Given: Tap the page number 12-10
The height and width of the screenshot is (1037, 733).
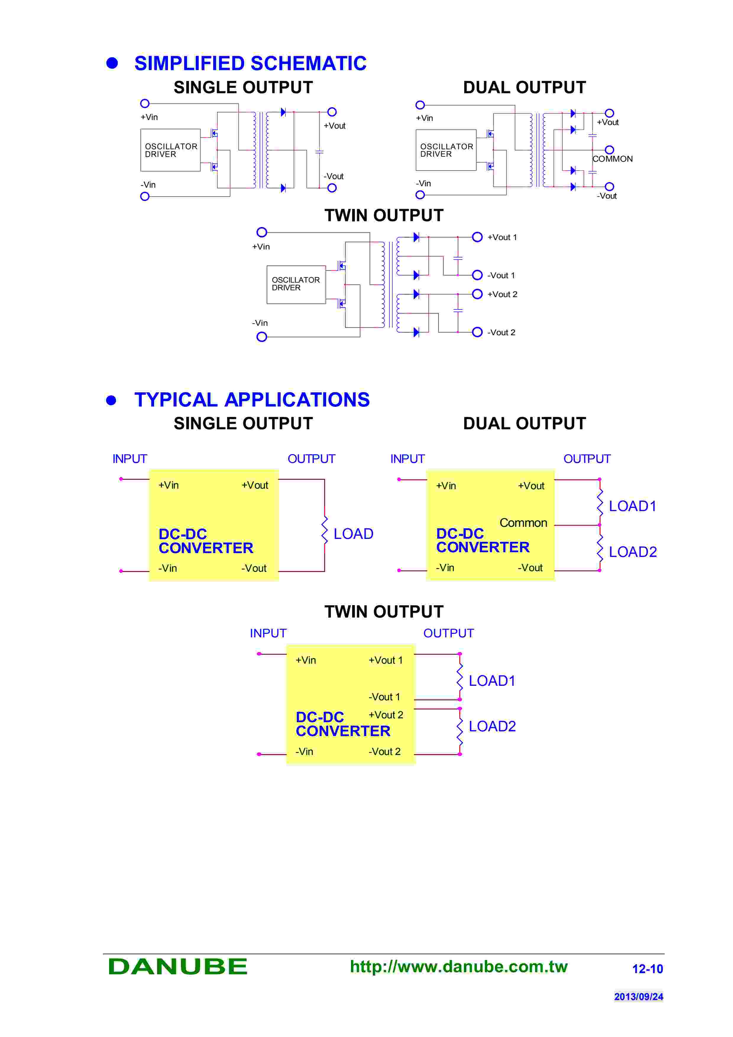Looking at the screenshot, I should coord(647,969).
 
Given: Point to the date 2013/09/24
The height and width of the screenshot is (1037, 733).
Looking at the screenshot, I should coord(638,996).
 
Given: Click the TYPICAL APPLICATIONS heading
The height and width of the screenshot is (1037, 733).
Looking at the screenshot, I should coord(252,400).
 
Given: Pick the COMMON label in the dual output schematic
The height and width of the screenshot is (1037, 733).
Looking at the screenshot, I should coord(612,159).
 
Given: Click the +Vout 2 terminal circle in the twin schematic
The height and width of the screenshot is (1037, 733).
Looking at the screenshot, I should coord(477,294).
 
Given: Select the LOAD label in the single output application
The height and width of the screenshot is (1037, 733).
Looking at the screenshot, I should coord(353,534).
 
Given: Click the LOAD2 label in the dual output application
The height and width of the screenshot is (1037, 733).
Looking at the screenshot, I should coord(632,552).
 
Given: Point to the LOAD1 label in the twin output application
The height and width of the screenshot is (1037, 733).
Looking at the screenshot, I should coord(492,681).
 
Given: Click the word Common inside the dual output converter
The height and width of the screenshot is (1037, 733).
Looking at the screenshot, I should coord(523,523).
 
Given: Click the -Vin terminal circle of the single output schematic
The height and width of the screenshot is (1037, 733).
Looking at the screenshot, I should coord(145,197).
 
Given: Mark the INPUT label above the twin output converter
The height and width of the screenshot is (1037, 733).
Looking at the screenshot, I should coord(268,633).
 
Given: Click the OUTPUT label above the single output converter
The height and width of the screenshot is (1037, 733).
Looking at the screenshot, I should coord(311,459).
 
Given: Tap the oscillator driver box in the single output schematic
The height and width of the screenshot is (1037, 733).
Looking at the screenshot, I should coord(170,150).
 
